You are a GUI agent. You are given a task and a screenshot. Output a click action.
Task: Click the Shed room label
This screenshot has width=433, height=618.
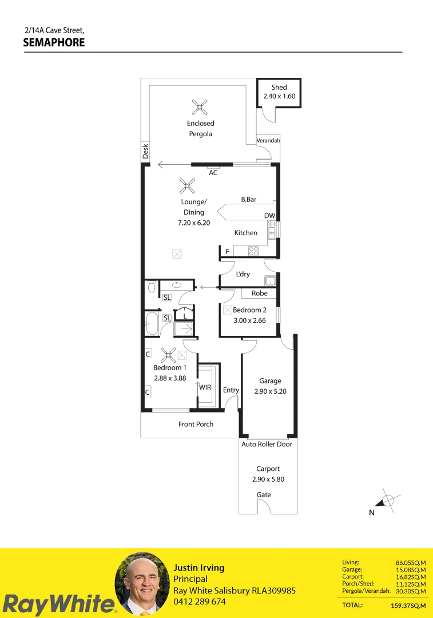click(x=279, y=88)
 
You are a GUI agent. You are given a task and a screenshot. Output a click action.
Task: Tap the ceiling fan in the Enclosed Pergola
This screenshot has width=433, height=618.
click(x=200, y=106)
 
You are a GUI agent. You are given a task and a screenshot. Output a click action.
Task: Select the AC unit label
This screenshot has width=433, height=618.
click(x=213, y=172)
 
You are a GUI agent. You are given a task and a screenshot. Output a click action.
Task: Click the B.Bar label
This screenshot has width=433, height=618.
click(x=248, y=200)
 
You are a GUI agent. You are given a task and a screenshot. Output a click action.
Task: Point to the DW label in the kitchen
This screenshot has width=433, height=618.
click(x=269, y=216)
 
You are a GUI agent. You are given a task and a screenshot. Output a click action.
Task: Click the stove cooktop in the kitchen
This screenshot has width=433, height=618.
click(x=253, y=250)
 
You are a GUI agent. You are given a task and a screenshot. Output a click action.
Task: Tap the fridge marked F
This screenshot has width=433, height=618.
click(x=227, y=251)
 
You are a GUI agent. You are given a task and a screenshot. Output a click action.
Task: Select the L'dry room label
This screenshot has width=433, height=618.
click(x=243, y=274)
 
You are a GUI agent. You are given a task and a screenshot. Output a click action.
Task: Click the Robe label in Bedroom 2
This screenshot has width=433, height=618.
click(x=260, y=293)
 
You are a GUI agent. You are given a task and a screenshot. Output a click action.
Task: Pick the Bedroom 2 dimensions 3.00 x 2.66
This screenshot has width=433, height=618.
click(x=249, y=320)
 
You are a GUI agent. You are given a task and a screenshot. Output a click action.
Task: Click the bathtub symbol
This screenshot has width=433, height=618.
click(x=152, y=324)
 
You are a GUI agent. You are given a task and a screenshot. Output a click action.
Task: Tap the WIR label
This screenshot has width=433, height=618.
click(x=205, y=387)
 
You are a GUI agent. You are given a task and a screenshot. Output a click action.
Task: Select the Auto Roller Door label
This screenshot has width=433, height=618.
click(x=267, y=444)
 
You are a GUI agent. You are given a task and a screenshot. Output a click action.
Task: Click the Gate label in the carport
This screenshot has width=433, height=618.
click(x=264, y=494)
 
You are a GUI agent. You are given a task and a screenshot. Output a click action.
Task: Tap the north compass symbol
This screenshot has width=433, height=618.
click(x=387, y=500)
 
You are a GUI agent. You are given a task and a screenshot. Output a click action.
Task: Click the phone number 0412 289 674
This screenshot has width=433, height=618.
click(x=200, y=601)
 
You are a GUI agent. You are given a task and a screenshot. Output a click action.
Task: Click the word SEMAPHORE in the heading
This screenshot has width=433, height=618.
click(x=54, y=42)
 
